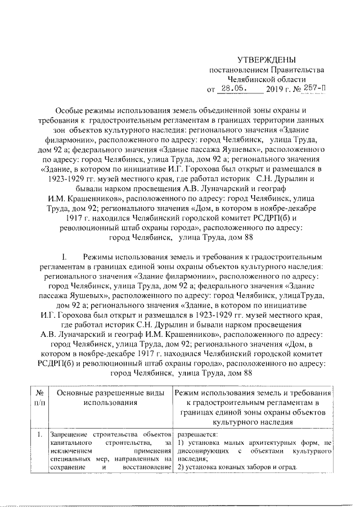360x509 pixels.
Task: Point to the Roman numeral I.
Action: (x=65, y=254)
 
